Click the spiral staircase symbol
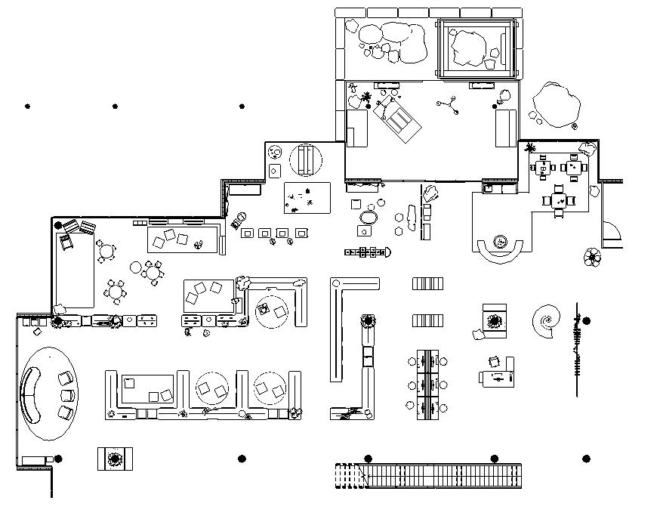click(546, 321)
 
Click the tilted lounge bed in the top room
click(399, 118)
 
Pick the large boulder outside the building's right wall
click(556, 104)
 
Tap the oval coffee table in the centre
click(368, 218)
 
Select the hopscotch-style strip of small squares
click(369, 252)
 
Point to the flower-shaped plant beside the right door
click(592, 258)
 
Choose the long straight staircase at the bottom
click(428, 476)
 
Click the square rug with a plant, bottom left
click(116, 458)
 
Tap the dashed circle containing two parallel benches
click(306, 159)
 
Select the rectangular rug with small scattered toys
click(307, 198)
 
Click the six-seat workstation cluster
click(427, 384)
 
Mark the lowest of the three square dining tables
click(559, 201)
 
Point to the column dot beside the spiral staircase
click(586, 321)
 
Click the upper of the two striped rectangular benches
click(428, 284)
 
